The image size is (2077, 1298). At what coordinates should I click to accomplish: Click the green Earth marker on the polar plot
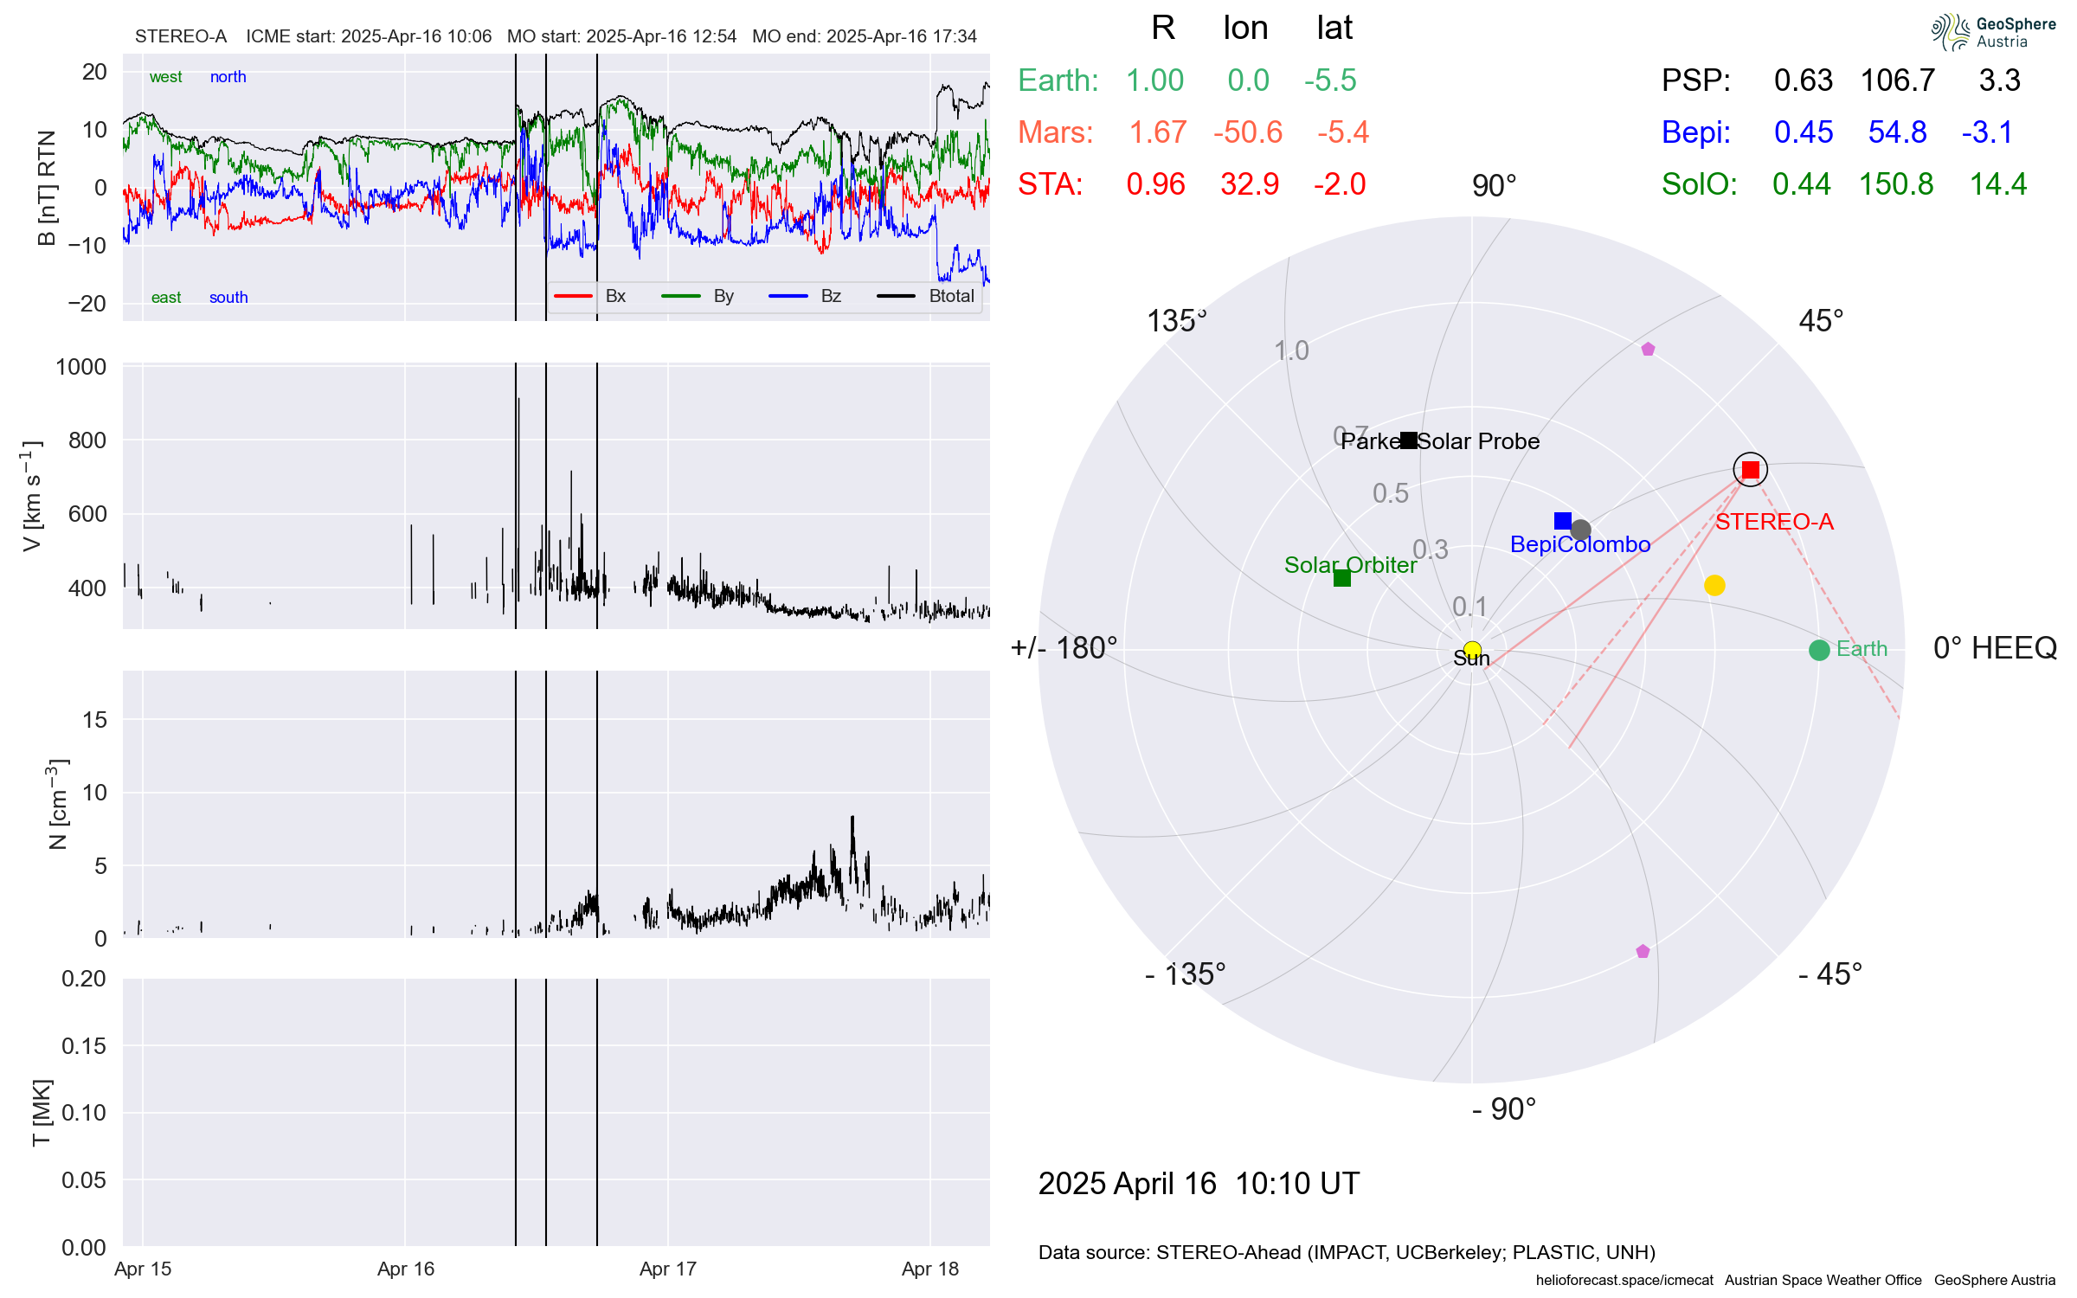pyautogui.click(x=1818, y=650)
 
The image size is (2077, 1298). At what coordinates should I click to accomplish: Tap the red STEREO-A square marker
pyautogui.click(x=1750, y=470)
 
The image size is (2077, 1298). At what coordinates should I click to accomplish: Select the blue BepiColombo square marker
pyautogui.click(x=1562, y=521)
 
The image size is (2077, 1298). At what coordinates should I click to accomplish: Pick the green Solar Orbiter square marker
pyautogui.click(x=1341, y=578)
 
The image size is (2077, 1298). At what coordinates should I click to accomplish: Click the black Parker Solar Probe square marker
pyautogui.click(x=1409, y=440)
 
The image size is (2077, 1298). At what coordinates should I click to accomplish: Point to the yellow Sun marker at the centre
pyautogui.click(x=1472, y=650)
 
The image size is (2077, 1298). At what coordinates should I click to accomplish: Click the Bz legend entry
pyautogui.click(x=830, y=296)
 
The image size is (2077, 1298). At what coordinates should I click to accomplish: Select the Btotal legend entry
pyautogui.click(x=950, y=296)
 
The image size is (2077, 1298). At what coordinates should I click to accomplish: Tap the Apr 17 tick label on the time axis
pyautogui.click(x=667, y=1269)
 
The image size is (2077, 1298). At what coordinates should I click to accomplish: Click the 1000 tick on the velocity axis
pyautogui.click(x=80, y=367)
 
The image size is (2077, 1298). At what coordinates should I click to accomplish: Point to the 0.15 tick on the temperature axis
pyautogui.click(x=83, y=1045)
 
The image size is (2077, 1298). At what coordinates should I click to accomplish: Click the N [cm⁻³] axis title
pyautogui.click(x=57, y=805)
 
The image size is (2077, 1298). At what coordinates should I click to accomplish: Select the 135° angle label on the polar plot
pyautogui.click(x=1175, y=321)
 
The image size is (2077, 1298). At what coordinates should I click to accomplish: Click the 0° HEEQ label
pyautogui.click(x=1994, y=648)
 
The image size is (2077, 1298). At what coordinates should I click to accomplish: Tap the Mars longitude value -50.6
pyautogui.click(x=1247, y=132)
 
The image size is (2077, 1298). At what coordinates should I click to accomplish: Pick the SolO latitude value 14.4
pyautogui.click(x=1997, y=184)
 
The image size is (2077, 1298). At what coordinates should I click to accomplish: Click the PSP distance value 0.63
pyautogui.click(x=1803, y=80)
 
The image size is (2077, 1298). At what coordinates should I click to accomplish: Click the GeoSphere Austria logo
pyautogui.click(x=1992, y=32)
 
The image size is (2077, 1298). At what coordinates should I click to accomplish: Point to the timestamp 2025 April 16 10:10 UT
pyautogui.click(x=1199, y=1183)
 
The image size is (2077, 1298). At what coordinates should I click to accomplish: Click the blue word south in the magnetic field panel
pyautogui.click(x=228, y=298)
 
